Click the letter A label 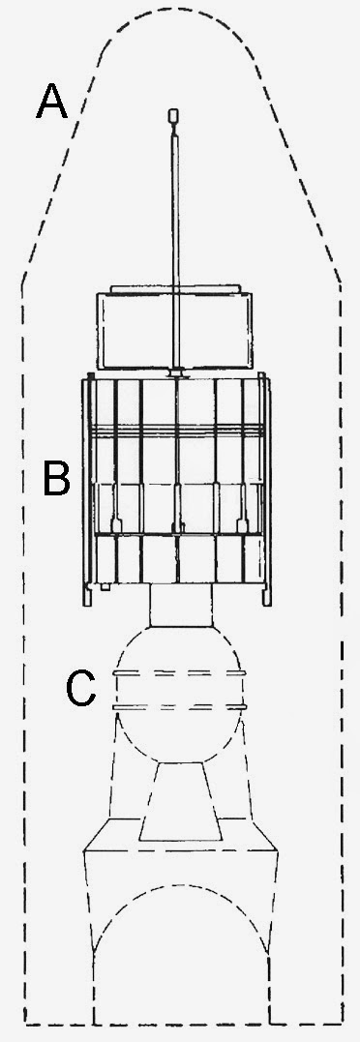point(52,102)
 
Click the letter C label point(81,689)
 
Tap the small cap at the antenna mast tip point(174,115)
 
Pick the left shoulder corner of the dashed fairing point(23,283)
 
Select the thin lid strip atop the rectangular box point(175,289)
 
